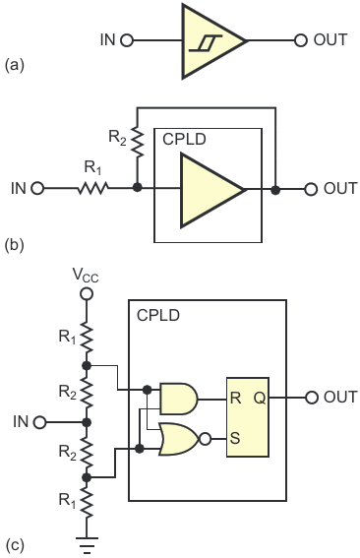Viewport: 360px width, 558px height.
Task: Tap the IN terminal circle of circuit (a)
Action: point(126,40)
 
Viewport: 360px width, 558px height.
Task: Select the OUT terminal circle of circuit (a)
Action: point(301,40)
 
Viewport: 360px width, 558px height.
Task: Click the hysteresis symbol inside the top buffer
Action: point(206,43)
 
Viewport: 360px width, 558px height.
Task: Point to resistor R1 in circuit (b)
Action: point(92,188)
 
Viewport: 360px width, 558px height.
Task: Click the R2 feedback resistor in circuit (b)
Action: point(138,142)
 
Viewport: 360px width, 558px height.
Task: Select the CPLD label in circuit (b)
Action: point(184,139)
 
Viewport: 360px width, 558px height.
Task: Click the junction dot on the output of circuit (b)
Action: point(275,190)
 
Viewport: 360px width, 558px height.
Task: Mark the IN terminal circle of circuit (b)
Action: point(37,188)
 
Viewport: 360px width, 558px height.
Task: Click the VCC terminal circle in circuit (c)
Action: point(87,294)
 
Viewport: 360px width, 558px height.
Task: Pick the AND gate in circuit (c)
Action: point(179,399)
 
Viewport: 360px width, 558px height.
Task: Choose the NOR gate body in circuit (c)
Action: point(180,439)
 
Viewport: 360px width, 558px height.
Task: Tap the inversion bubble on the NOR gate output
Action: point(206,439)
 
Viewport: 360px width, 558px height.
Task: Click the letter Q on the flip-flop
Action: point(260,398)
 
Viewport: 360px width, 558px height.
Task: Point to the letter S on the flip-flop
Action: point(235,438)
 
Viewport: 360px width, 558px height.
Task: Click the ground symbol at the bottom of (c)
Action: point(87,544)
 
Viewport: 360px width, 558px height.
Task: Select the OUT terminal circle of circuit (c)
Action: point(312,398)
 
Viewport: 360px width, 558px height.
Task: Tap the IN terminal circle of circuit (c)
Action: point(40,422)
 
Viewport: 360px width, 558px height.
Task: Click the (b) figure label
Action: point(15,246)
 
